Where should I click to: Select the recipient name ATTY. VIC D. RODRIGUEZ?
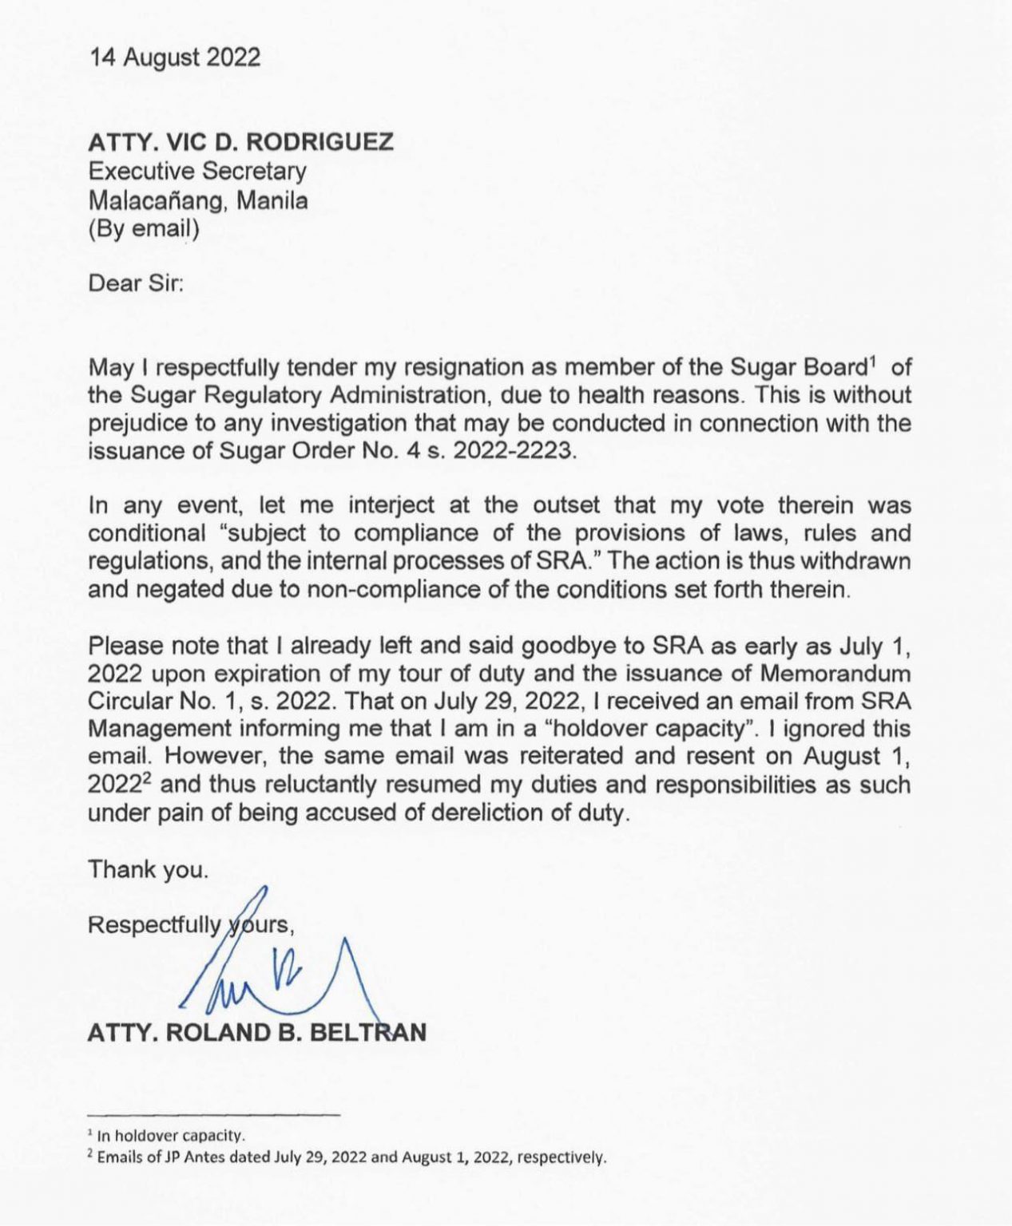[240, 142]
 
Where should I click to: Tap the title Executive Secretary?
[197, 171]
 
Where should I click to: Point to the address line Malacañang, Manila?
[197, 200]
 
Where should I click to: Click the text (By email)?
[144, 228]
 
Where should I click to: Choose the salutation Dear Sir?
[136, 283]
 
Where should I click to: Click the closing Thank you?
[149, 869]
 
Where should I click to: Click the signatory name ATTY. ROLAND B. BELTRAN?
[257, 1032]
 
